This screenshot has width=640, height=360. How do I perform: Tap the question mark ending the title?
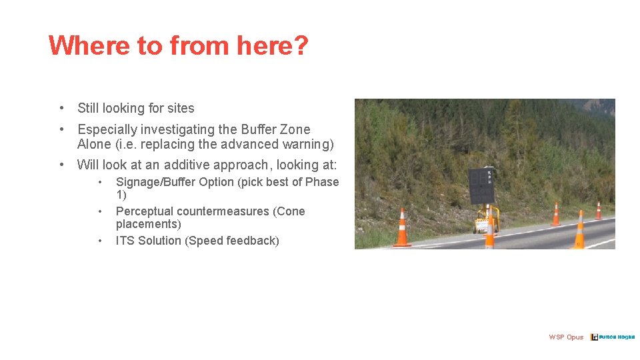tap(301, 46)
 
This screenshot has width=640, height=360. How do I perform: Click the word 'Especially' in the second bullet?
tap(107, 129)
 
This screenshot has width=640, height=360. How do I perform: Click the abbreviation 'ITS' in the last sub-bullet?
tap(125, 241)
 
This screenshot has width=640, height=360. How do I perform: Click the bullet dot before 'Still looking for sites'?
tap(61, 108)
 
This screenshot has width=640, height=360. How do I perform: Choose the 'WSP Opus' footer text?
tap(566, 337)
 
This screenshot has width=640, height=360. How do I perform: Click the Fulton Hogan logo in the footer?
tap(613, 337)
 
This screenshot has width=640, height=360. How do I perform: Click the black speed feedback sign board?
tap(481, 186)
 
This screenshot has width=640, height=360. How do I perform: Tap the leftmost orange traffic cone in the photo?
tap(402, 229)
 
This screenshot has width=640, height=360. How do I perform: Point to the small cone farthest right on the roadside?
tap(598, 211)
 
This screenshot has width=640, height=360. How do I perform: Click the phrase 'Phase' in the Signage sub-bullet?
tap(322, 182)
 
